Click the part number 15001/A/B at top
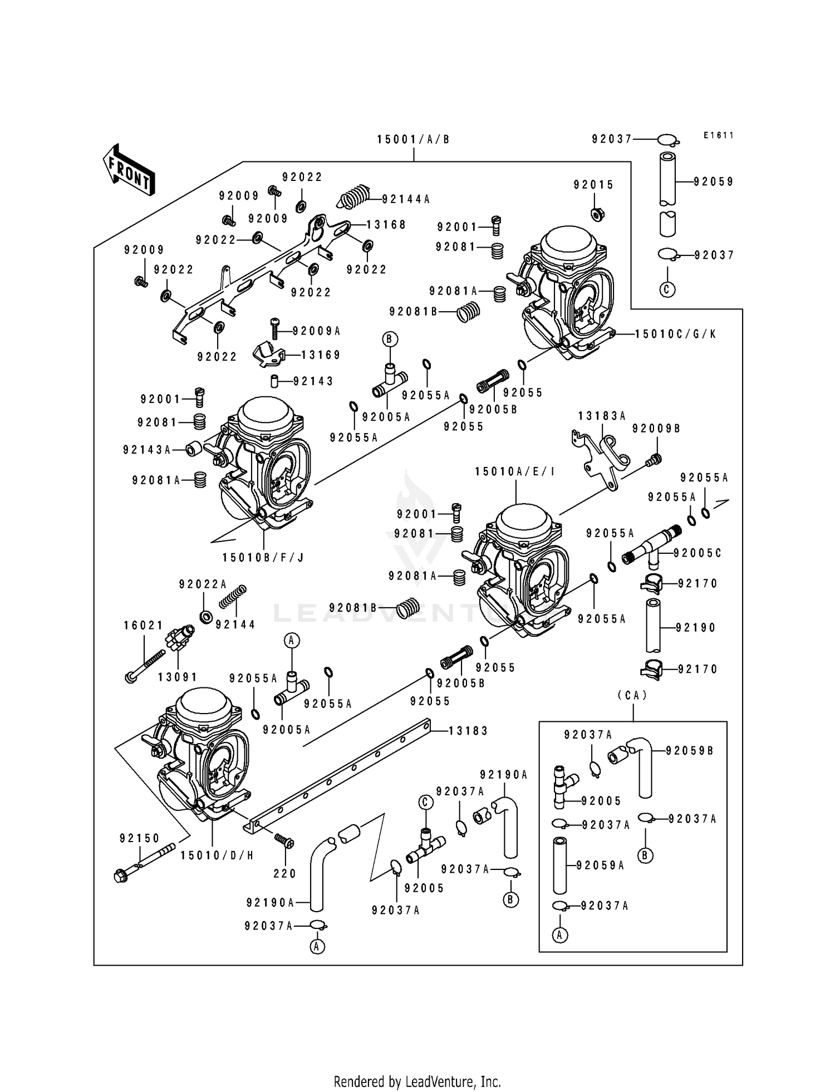pos(413,140)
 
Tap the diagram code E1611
pos(718,135)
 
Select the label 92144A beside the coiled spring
pos(406,199)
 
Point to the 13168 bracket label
pos(386,225)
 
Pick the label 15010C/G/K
pos(675,334)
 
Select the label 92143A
pos(147,450)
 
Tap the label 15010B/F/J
pos(263,557)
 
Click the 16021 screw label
pos(143,626)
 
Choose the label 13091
pos(178,677)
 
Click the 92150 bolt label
pos(139,838)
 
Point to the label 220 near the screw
pos(284,873)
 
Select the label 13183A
pos(602,416)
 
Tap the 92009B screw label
pos(656,429)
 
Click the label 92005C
pos(697,553)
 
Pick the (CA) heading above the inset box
pos(632,695)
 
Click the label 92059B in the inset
pos(690,750)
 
